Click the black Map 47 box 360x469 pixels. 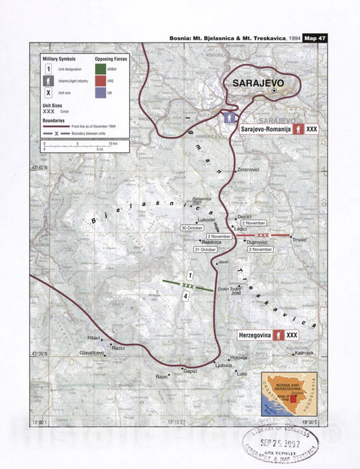pyautogui.click(x=315, y=38)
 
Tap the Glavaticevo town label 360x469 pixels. pyautogui.click(x=92, y=353)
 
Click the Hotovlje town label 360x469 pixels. pyautogui.click(x=240, y=357)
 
